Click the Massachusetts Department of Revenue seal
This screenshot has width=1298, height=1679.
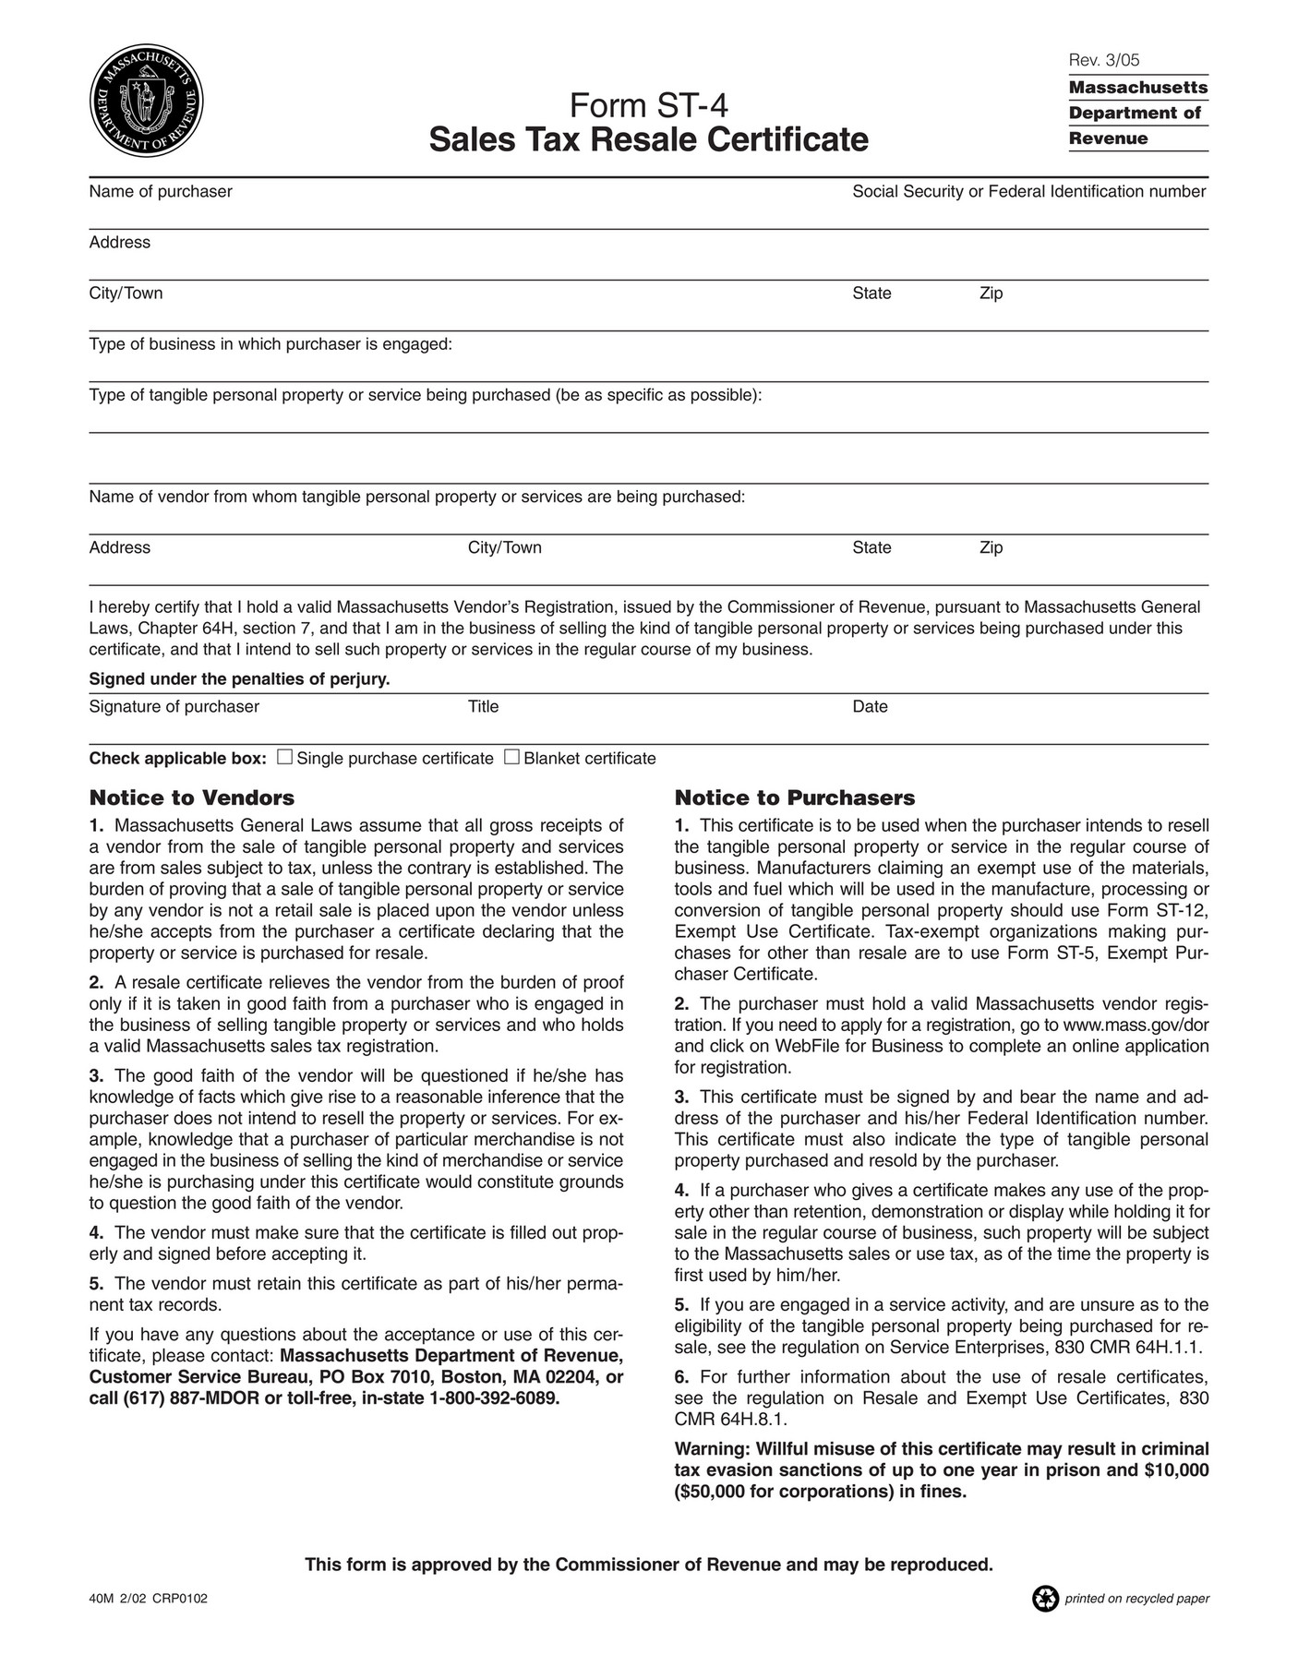click(146, 101)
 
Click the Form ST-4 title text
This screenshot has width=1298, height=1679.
click(648, 106)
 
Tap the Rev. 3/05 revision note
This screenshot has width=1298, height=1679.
click(1103, 60)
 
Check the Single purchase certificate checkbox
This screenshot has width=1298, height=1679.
click(285, 757)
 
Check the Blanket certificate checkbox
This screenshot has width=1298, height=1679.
click(511, 757)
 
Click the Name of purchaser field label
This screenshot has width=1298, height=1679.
click(161, 191)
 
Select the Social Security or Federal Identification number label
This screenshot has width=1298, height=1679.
click(1028, 191)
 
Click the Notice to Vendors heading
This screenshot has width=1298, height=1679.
click(191, 798)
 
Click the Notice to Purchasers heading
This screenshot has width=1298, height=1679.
click(794, 798)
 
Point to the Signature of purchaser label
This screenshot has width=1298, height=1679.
click(174, 706)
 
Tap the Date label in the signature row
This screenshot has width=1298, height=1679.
click(870, 706)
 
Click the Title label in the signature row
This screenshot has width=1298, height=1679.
click(483, 706)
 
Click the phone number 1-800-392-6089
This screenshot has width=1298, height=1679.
click(494, 1397)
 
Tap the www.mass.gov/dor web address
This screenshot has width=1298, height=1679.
click(1136, 1025)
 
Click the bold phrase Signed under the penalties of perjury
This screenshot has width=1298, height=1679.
click(239, 679)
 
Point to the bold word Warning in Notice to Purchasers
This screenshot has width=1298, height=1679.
click(709, 1448)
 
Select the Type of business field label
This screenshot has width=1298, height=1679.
click(270, 344)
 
